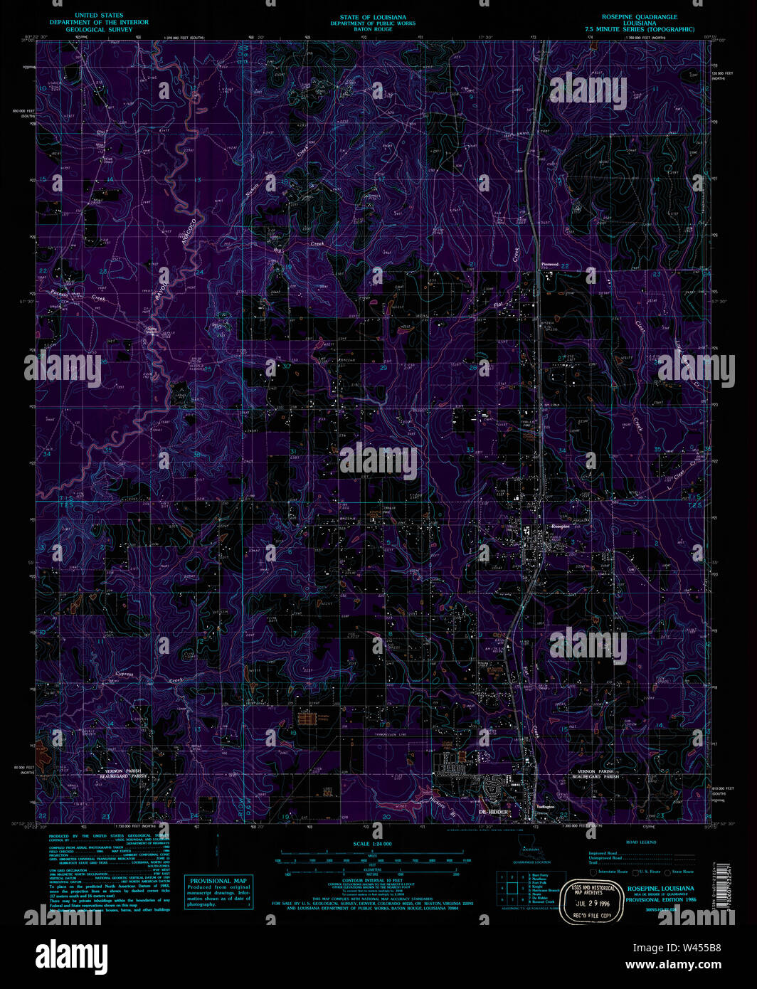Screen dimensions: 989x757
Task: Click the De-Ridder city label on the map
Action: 494,812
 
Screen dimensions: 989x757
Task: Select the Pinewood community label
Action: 550,265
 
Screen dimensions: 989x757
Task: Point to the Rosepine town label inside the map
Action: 561,526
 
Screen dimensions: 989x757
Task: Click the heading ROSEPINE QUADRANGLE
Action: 640,16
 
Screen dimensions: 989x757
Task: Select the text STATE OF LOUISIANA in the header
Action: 373,17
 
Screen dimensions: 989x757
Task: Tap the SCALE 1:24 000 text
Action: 372,843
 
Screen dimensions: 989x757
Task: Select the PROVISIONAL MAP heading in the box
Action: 218,881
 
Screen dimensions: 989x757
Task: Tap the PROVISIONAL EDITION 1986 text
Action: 661,900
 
